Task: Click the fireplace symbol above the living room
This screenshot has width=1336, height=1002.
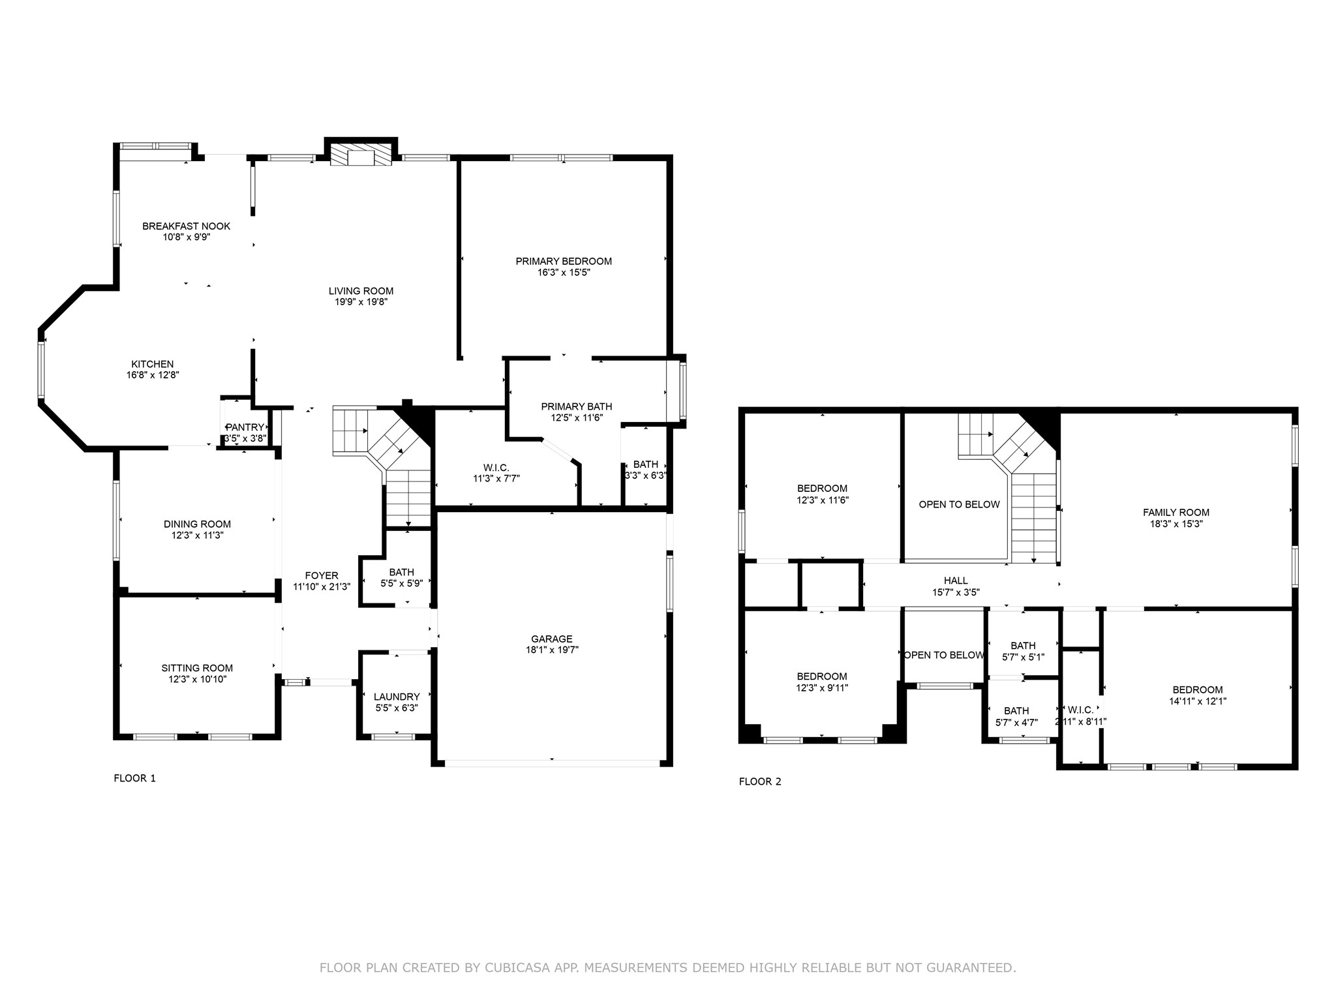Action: coord(361,156)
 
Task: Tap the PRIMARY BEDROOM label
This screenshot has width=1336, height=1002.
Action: coord(564,262)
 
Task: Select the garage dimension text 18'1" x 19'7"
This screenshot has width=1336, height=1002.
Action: coord(552,650)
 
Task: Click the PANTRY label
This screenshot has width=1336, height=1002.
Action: coord(245,427)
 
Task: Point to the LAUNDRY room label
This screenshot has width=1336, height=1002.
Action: coord(397,697)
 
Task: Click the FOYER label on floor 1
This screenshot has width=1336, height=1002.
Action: coord(322,575)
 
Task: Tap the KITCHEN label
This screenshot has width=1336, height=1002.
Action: coord(153,364)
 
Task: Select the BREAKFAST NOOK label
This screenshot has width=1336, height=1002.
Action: coord(187,226)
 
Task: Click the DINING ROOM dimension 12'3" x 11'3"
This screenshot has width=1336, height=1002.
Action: coord(197,535)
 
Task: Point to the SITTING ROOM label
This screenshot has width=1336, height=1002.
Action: coord(197,668)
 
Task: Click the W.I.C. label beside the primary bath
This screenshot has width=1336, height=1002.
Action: coord(496,468)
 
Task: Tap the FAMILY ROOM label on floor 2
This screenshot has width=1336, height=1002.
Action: coord(1176,513)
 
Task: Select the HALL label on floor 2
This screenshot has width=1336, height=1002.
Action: coord(956,581)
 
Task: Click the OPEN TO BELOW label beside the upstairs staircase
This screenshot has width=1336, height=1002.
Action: coord(959,504)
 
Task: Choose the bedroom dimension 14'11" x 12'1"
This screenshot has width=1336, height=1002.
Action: coord(1197,701)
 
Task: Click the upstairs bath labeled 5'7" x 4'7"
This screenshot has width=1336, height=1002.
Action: coord(1016,716)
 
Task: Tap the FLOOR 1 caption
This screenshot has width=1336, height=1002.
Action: coord(135,778)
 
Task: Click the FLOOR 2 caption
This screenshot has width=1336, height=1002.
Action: coord(760,782)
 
